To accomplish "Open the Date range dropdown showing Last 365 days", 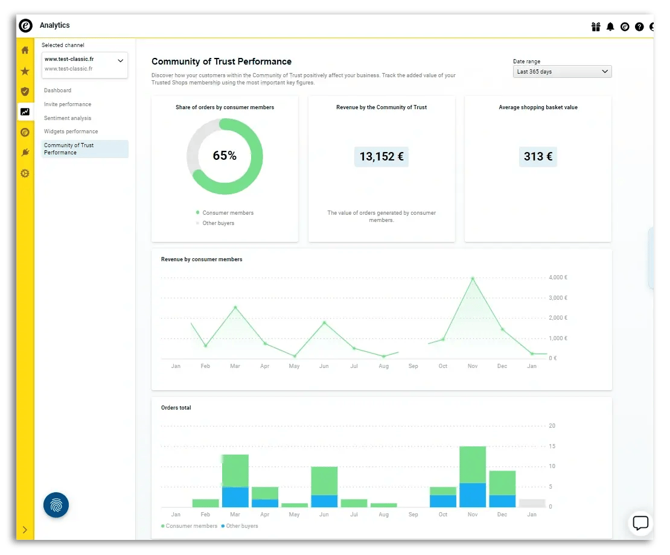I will point(561,72).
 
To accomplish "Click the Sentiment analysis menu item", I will point(68,118).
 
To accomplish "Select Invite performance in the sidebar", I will point(68,104).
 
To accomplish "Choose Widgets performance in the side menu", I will point(71,132).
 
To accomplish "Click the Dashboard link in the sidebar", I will point(57,90).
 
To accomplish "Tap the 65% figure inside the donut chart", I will point(225,156).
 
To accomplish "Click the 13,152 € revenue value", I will point(381,157).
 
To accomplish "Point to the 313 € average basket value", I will point(538,157).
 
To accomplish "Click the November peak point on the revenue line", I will point(473,279).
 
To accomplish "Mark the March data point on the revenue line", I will point(235,308).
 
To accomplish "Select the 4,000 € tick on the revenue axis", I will point(557,277).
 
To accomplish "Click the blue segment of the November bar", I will point(473,495).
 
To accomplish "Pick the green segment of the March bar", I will point(235,471).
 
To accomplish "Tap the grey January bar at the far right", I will point(532,503).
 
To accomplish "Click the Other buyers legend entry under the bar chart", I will point(241,526).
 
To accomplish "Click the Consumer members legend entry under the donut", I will point(228,213).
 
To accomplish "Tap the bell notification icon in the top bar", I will point(610,27).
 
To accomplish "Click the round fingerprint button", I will point(56,505).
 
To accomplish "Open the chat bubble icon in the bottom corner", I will point(640,523).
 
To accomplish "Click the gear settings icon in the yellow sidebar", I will point(25,173).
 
